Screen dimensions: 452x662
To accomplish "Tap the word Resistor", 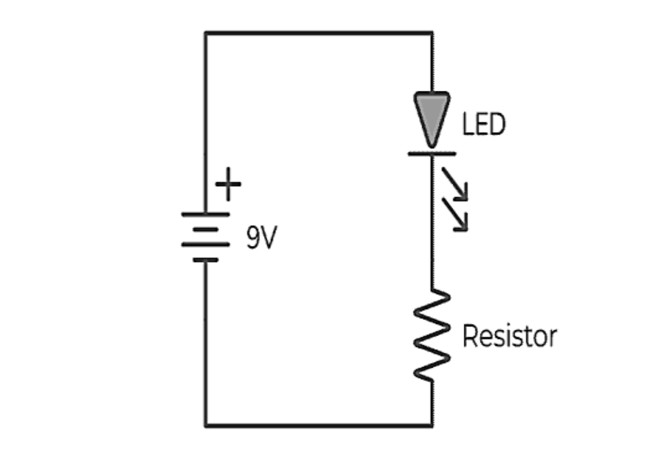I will click(x=509, y=337).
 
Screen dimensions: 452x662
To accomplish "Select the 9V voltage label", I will click(x=261, y=239).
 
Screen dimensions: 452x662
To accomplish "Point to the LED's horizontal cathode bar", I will click(x=432, y=154).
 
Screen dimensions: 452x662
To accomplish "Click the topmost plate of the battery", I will click(x=205, y=214).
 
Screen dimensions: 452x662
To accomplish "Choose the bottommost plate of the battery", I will click(x=205, y=260).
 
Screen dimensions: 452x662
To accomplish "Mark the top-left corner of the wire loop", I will click(x=205, y=32).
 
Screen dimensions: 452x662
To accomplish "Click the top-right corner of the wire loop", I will click(x=432, y=32).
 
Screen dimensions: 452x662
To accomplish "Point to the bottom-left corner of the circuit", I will click(x=205, y=425).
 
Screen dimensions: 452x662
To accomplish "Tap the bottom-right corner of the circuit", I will click(x=432, y=425).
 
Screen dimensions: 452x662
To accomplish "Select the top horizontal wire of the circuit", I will click(x=319, y=32).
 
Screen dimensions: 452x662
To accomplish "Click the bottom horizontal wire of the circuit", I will click(x=319, y=425).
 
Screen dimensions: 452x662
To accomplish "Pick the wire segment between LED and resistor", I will click(x=432, y=258).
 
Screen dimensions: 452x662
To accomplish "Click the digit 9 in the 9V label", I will click(x=253, y=239).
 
